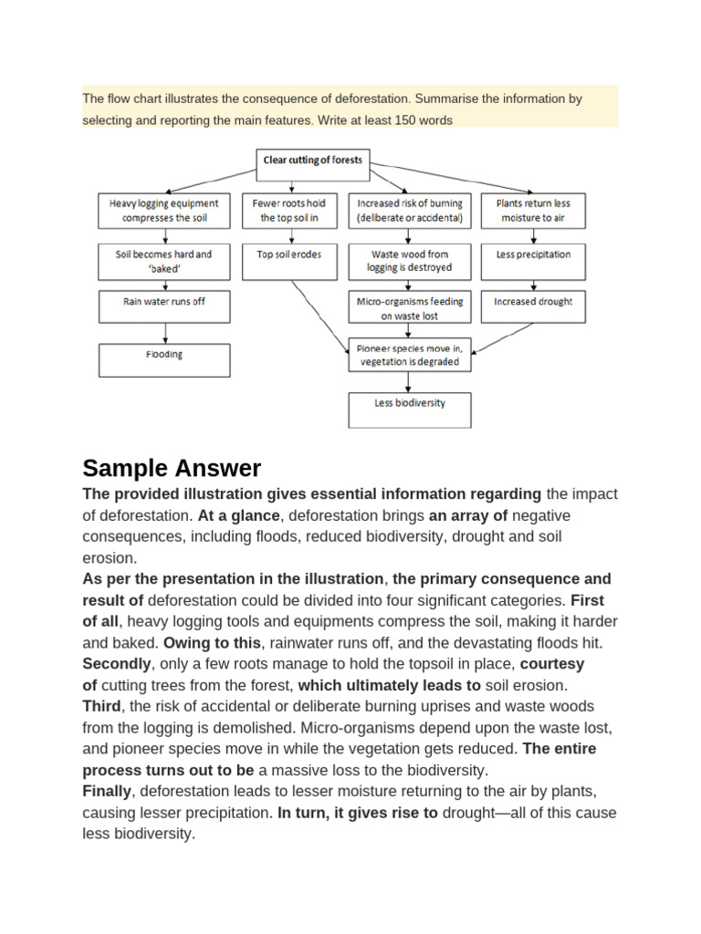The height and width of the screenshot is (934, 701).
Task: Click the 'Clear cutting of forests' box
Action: click(313, 161)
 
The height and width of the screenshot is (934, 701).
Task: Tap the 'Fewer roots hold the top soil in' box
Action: click(288, 211)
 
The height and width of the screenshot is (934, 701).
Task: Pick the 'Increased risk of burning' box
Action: click(410, 211)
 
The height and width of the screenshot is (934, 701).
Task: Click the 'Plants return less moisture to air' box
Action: click(533, 211)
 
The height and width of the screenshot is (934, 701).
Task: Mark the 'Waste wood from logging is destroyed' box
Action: click(410, 261)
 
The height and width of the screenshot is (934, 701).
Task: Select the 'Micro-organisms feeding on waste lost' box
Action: click(410, 308)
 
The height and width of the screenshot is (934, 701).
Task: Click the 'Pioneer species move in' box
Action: click(410, 355)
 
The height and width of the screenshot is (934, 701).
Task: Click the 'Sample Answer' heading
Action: click(172, 469)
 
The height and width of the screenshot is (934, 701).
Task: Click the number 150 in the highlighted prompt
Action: click(400, 120)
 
